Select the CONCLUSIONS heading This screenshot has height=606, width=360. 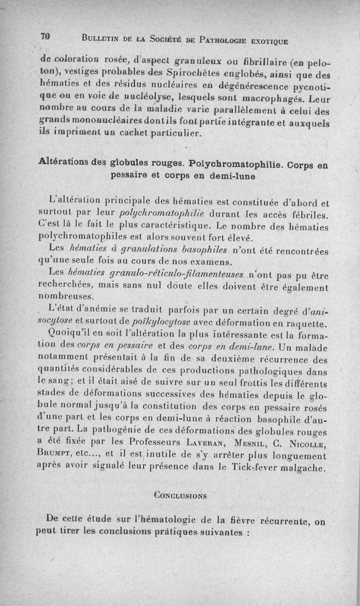(x=180, y=495)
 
